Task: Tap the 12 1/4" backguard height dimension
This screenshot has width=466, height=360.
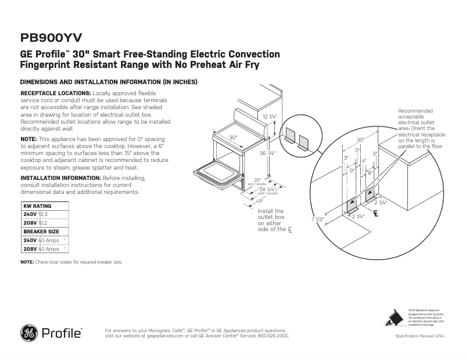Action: click(x=269, y=117)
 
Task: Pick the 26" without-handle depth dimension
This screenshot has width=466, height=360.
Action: click(x=256, y=179)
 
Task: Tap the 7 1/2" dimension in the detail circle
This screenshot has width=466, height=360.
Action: click(x=317, y=219)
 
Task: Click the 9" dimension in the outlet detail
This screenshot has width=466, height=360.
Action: click(x=351, y=171)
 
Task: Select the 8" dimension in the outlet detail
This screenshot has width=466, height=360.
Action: click(x=370, y=173)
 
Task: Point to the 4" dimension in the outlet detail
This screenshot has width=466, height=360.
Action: click(x=364, y=160)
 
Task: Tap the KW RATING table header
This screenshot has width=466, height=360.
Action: click(x=37, y=206)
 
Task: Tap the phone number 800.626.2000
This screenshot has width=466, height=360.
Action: click(x=272, y=336)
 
